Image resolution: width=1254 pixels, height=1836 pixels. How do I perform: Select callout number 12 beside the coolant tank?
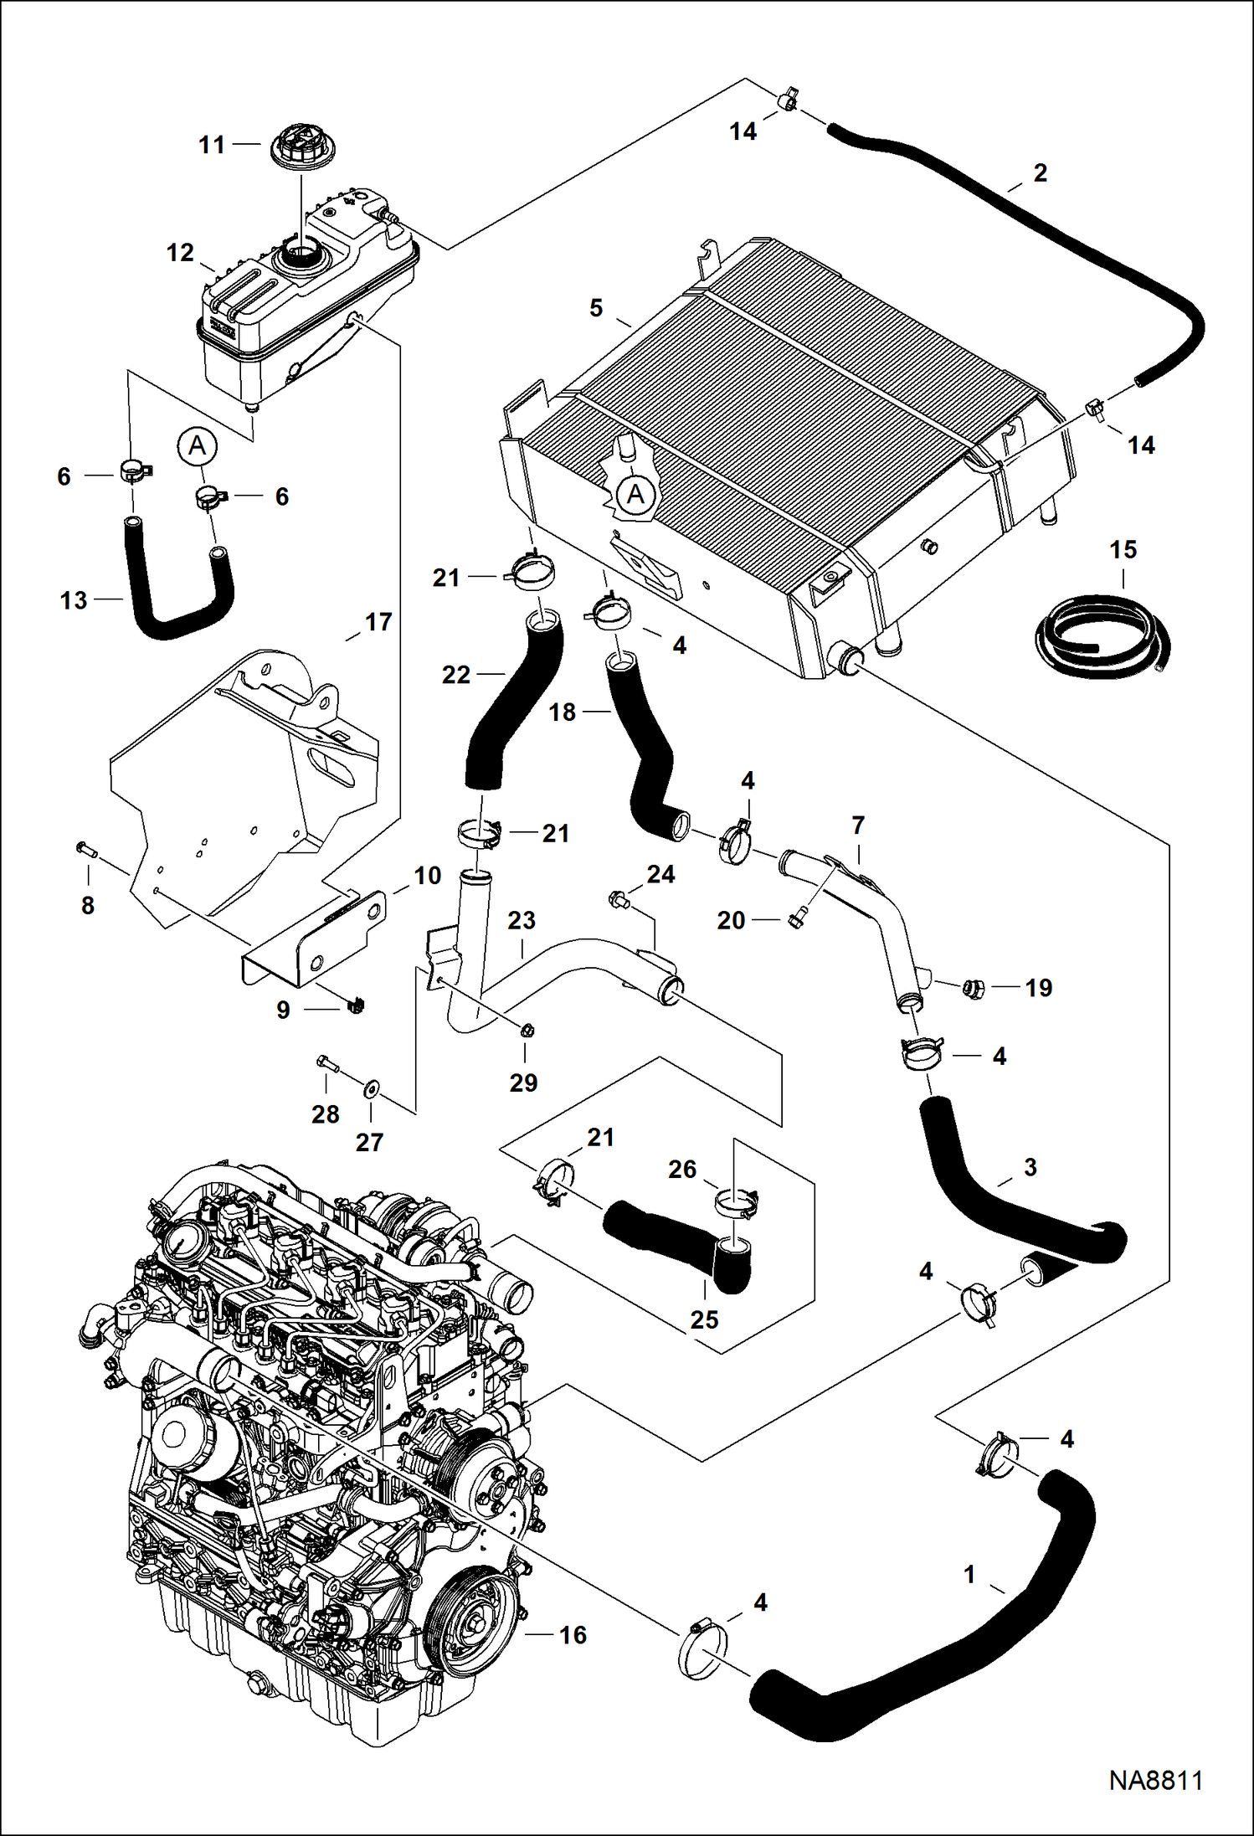(x=180, y=253)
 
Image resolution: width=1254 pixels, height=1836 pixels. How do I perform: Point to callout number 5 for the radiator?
(x=596, y=308)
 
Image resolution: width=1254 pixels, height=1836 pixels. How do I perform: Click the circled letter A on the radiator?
(x=635, y=495)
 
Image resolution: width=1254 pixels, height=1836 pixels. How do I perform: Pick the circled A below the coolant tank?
(x=197, y=445)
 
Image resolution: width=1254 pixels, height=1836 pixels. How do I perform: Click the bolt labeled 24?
(x=616, y=900)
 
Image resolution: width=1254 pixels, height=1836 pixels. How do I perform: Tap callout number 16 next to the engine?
(x=573, y=1635)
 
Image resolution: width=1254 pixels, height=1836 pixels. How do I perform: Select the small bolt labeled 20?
(x=795, y=920)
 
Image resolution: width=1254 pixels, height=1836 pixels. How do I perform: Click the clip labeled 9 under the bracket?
(x=355, y=1004)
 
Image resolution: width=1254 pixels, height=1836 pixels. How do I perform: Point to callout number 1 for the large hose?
(x=969, y=1575)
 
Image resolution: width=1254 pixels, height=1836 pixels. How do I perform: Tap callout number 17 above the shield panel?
(x=378, y=622)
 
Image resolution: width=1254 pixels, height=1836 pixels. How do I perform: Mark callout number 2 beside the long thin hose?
(x=1040, y=172)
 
